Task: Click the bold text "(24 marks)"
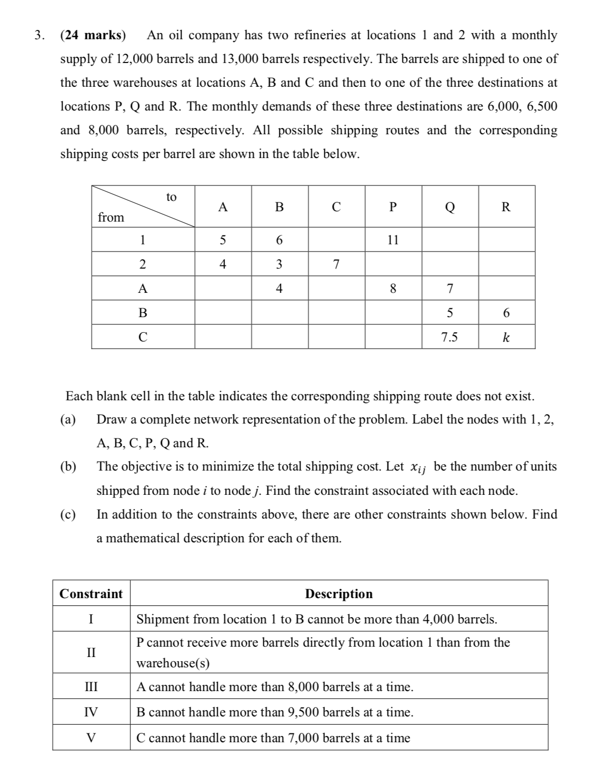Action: point(93,35)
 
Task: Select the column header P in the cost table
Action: point(393,207)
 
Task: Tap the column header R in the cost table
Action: point(506,207)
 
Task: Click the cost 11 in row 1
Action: point(393,240)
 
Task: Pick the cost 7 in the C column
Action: point(336,264)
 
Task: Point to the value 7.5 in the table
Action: point(449,337)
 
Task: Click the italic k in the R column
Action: point(506,337)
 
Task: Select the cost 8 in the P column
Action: point(393,289)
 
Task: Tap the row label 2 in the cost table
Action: point(143,264)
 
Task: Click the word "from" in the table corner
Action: point(111,217)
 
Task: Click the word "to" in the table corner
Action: point(171,197)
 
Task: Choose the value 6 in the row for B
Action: point(506,313)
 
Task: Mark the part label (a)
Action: point(68,419)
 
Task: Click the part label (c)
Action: point(68,514)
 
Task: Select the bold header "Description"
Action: point(339,593)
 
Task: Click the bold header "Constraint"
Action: point(91,593)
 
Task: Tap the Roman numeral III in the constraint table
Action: point(91,687)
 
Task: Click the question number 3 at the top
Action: point(37,35)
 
